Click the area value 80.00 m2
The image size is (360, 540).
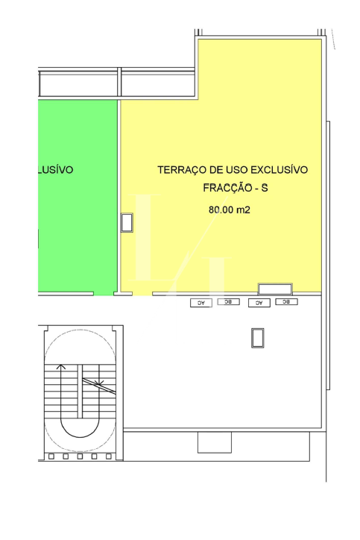point(229,210)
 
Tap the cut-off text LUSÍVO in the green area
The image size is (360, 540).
point(55,169)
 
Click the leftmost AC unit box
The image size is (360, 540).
point(200,304)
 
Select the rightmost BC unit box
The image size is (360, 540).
point(287,302)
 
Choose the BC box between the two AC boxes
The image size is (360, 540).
point(229,302)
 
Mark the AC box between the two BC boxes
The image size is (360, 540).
point(259,304)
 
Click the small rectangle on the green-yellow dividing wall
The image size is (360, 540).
point(127,222)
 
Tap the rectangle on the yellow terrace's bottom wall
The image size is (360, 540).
point(275,289)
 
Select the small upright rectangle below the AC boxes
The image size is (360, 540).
point(257,337)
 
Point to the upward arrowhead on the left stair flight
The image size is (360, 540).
point(62,367)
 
